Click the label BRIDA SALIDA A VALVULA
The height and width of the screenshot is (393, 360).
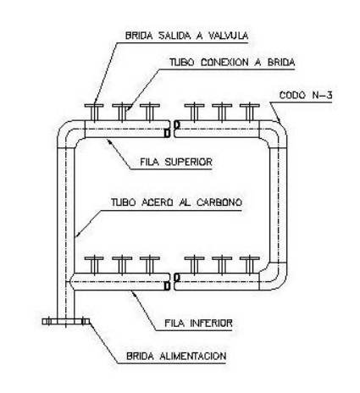(186, 36)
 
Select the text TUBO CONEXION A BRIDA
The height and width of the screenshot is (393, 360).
(232, 62)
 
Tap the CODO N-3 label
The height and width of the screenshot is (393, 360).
(306, 95)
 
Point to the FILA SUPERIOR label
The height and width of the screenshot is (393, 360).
(176, 162)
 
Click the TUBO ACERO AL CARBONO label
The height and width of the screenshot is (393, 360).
(177, 202)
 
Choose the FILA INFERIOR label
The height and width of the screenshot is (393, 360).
(198, 324)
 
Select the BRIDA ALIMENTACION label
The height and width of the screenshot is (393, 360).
(176, 357)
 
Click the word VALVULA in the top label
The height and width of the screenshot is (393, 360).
(228, 36)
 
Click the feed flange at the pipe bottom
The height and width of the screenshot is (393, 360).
(66, 321)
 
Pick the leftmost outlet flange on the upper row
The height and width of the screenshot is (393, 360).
(94, 113)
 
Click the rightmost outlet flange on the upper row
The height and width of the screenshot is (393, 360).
(250, 113)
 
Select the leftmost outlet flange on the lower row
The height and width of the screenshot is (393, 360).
(94, 265)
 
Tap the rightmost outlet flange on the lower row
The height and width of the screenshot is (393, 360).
(250, 265)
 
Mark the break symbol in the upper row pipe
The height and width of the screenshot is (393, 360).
(172, 129)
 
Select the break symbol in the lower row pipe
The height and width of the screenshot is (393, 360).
(172, 282)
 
